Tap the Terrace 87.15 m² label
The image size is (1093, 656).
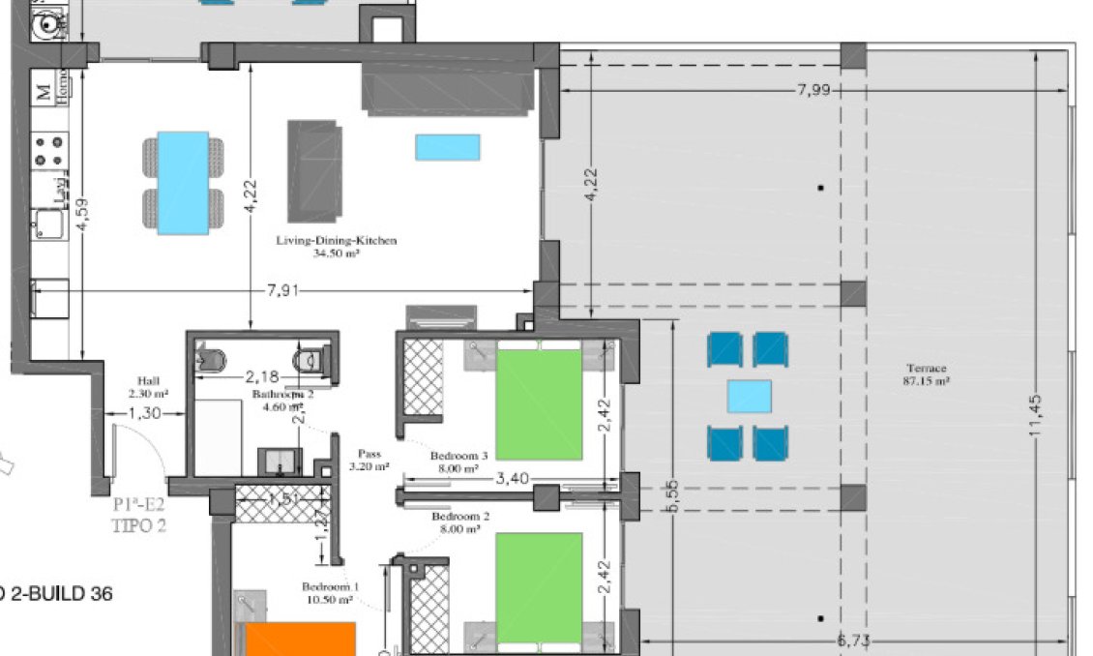pos(926,368)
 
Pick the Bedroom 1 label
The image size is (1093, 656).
pos(330,587)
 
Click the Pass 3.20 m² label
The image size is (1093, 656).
pos(368,453)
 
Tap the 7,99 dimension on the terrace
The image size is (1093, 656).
pos(814,90)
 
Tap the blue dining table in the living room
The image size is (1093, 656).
pos(184,182)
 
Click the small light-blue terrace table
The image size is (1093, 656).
pos(750,396)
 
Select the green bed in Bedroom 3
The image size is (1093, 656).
pos(539,403)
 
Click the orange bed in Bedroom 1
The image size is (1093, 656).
pos(300,640)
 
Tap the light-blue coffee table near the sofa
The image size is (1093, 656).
pos(448,147)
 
